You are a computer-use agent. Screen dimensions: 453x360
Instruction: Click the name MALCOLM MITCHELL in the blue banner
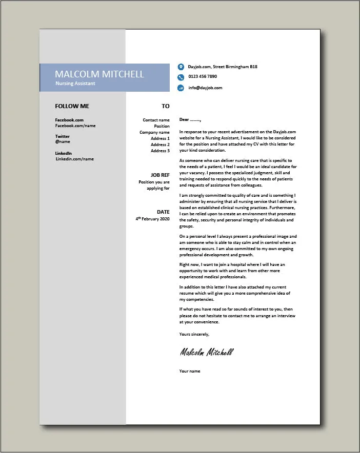pyautogui.click(x=99, y=74)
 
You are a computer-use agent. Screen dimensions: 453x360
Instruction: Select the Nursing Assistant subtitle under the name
pyautogui.click(x=75, y=83)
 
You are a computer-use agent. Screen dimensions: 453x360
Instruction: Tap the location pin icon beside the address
pyautogui.click(x=181, y=67)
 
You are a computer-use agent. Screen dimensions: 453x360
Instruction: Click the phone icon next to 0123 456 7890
pyautogui.click(x=181, y=77)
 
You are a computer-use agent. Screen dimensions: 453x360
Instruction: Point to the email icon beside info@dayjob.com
pyautogui.click(x=181, y=88)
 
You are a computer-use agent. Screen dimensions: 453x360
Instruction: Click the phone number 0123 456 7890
pyautogui.click(x=203, y=77)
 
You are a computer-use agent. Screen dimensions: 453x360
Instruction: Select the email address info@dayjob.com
pyautogui.click(x=205, y=88)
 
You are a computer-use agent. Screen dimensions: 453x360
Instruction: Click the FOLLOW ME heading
pyautogui.click(x=72, y=106)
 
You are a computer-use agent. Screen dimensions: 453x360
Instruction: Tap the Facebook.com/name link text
pyautogui.click(x=75, y=126)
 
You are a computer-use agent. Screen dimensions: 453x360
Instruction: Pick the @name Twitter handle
pyautogui.click(x=63, y=141)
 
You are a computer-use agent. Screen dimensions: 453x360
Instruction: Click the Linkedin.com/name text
pyautogui.click(x=75, y=159)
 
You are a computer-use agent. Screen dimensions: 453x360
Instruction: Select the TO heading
pyautogui.click(x=165, y=106)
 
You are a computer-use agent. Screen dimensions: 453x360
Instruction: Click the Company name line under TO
pyautogui.click(x=154, y=132)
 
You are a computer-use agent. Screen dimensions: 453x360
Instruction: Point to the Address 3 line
pyautogui.click(x=160, y=151)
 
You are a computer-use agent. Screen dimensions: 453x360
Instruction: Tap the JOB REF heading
pyautogui.click(x=160, y=175)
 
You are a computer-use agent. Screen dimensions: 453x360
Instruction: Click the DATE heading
pyautogui.click(x=163, y=212)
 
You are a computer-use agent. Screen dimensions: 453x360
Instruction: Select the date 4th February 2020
pyautogui.click(x=152, y=219)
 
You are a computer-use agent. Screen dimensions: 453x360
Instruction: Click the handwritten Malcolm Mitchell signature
pyautogui.click(x=206, y=352)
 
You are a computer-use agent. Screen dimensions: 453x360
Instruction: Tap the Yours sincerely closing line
pyautogui.click(x=194, y=334)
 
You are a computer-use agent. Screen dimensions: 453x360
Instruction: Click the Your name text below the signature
pyautogui.click(x=190, y=371)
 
